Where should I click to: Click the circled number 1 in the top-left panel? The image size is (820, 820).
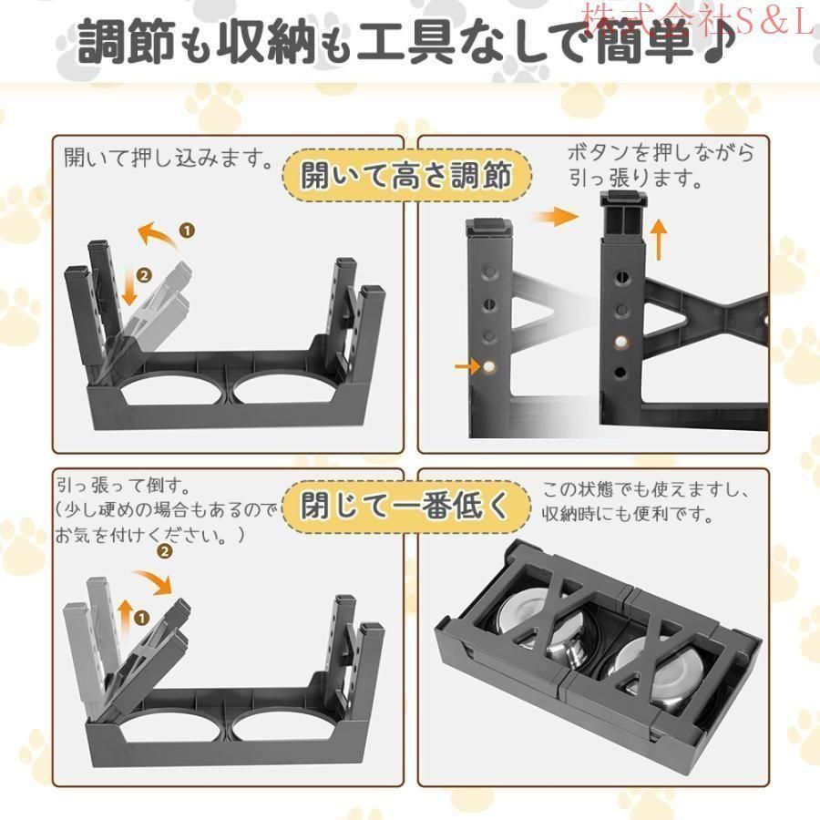point(188,231)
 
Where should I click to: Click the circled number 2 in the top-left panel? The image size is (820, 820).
point(143,273)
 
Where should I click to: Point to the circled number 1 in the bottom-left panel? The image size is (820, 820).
point(142,618)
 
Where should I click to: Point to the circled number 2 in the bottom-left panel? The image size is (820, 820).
point(165,551)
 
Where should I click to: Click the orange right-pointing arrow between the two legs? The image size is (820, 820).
point(556,217)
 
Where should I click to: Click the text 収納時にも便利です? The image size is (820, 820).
point(626,513)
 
